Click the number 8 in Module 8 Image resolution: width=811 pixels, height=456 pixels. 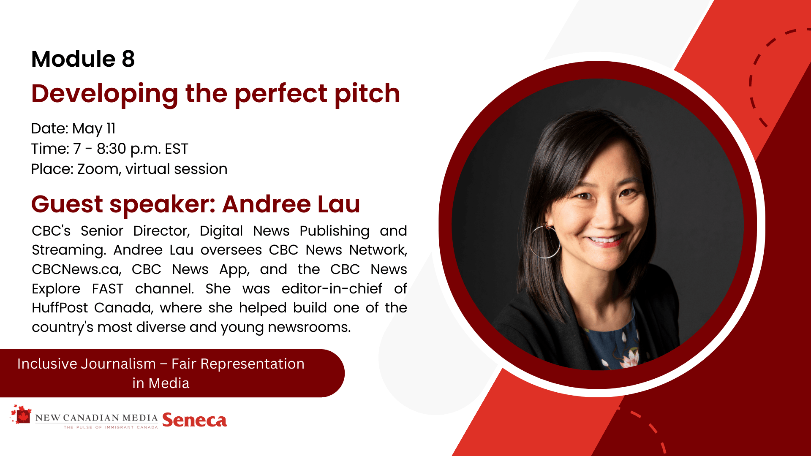click(x=128, y=59)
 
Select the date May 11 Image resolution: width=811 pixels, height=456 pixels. click(x=94, y=129)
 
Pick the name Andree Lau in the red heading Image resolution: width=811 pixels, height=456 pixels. click(x=291, y=204)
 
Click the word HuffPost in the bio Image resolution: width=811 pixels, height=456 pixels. click(x=60, y=308)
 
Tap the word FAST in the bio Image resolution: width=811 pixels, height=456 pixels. click(x=108, y=289)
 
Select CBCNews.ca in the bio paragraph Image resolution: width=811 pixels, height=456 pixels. click(x=76, y=270)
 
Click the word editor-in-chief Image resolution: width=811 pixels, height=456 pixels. click(x=332, y=289)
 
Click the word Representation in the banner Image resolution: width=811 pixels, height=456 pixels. click(x=252, y=364)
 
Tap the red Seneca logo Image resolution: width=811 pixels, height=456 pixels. click(x=194, y=420)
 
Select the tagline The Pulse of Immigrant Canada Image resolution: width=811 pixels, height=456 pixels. click(x=111, y=427)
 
